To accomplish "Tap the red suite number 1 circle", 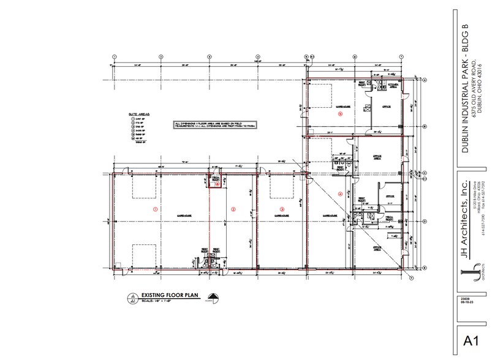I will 155,209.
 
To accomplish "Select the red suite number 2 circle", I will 233,209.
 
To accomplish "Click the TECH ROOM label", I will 388,217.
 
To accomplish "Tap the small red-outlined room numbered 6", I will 216,182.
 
